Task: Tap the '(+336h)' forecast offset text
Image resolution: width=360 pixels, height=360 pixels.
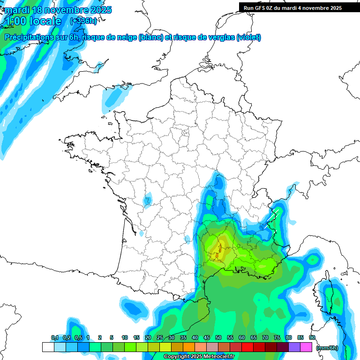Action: click(x=83, y=21)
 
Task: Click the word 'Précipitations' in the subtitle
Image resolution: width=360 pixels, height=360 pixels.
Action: click(x=29, y=37)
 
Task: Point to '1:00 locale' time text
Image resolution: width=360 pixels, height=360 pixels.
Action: click(x=33, y=21)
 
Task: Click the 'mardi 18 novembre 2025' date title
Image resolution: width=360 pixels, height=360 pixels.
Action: click(x=58, y=10)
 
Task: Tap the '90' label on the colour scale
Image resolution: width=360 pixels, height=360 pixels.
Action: click(x=312, y=337)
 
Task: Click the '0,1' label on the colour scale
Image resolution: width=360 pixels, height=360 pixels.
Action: click(x=54, y=337)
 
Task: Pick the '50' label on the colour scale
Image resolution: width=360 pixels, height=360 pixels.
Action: click(x=218, y=337)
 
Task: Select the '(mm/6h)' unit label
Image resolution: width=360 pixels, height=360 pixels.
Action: click(x=327, y=347)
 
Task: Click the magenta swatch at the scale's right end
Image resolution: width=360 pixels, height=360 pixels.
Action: click(x=306, y=347)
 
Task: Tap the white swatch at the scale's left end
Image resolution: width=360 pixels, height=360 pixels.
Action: click(x=48, y=347)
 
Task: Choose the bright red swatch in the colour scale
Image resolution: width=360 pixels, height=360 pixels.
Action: click(x=247, y=347)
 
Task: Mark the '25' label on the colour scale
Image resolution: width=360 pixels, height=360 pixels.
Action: click(x=160, y=337)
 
